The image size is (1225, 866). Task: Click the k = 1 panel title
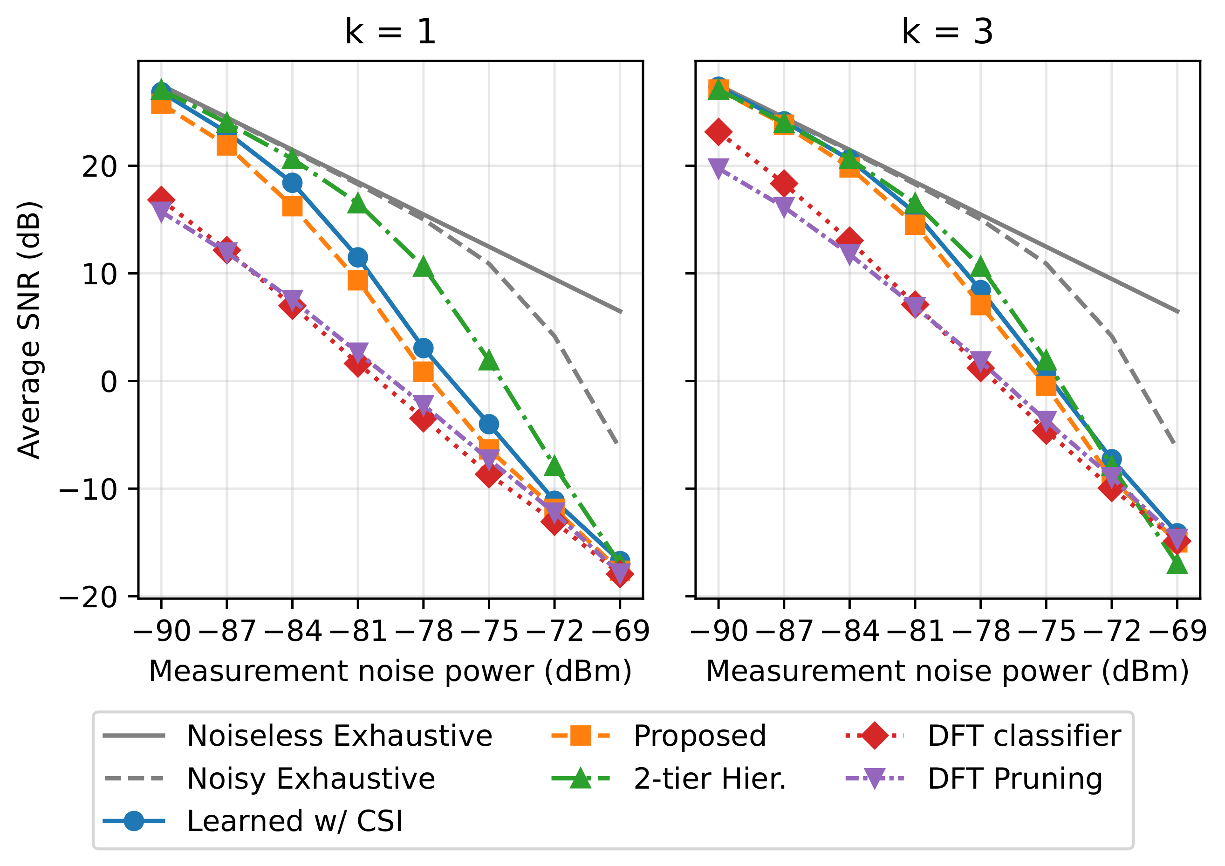pos(390,32)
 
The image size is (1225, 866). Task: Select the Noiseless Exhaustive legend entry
pos(339,736)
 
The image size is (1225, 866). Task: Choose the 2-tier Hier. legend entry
pos(710,778)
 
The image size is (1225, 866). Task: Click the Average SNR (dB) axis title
pos(29,330)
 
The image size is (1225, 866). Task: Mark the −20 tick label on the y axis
pos(89,597)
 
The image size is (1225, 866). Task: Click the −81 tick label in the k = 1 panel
pos(358,631)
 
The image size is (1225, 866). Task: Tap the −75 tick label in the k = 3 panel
pos(1046,631)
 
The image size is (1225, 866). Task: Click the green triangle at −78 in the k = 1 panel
pos(424,267)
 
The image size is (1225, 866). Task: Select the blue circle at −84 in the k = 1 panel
pos(292,183)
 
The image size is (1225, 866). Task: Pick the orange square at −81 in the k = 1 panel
pos(358,280)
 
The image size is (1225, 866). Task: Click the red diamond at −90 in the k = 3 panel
pos(718,132)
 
